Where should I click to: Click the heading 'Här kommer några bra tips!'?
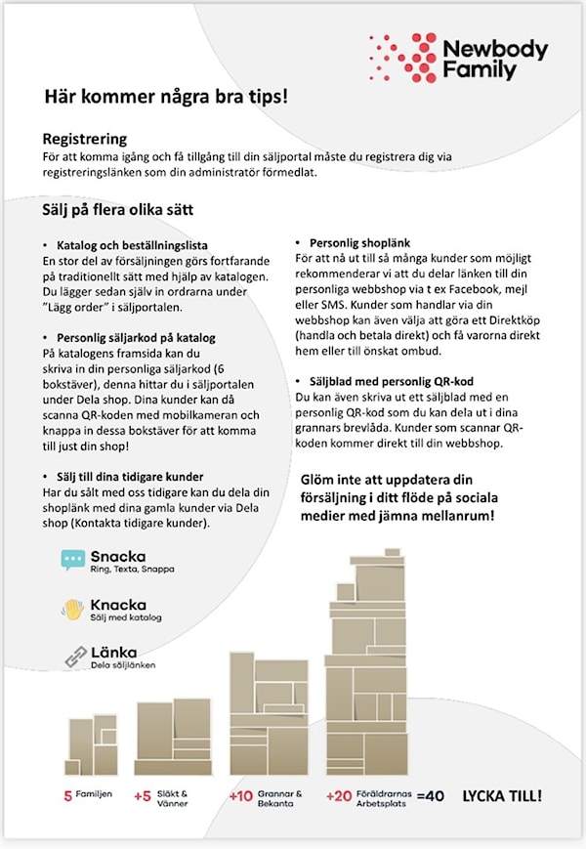click(166, 97)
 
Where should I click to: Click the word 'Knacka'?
click(118, 605)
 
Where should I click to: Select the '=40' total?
click(430, 796)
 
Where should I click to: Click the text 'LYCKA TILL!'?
click(501, 796)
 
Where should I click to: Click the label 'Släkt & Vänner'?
click(172, 799)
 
